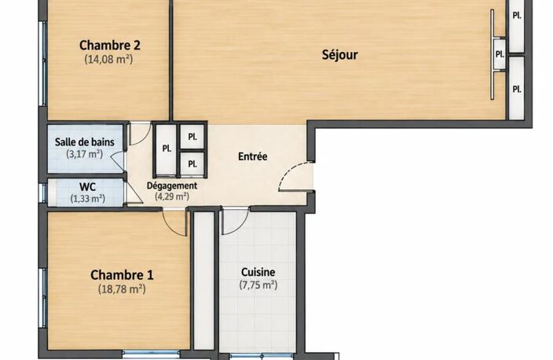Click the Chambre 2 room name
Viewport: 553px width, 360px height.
[110, 45]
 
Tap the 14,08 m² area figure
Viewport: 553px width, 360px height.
[108, 59]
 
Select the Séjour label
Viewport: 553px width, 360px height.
[339, 55]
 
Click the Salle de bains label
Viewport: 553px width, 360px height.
[85, 142]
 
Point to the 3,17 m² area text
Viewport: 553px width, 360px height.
[85, 154]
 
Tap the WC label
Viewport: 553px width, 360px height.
[87, 187]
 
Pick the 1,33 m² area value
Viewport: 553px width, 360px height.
[88, 198]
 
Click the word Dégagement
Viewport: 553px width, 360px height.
[172, 186]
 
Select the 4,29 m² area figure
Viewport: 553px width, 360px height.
[172, 196]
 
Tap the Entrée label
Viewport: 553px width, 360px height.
[252, 156]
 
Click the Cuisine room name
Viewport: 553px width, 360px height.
[258, 272]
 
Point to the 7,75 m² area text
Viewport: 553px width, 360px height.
[258, 285]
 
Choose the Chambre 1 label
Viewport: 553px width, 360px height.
[122, 275]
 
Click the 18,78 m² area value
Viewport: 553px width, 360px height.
[122, 289]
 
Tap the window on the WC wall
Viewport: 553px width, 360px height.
[44, 193]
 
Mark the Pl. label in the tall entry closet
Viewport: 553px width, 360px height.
[167, 149]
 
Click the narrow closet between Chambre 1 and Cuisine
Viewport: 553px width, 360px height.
[204, 280]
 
